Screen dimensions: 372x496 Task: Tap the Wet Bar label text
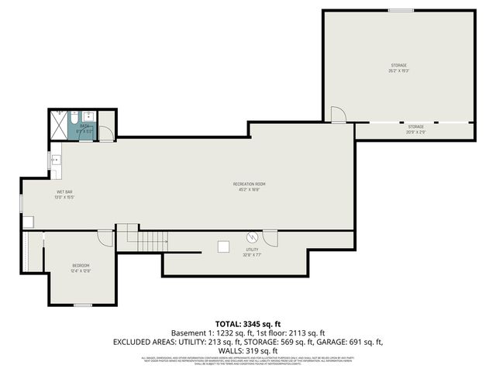click(x=64, y=195)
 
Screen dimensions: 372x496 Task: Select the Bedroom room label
click(x=81, y=268)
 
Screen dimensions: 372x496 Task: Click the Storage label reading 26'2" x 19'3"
click(x=398, y=67)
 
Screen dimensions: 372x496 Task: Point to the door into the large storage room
click(x=338, y=115)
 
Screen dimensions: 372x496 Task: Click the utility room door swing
click(x=270, y=237)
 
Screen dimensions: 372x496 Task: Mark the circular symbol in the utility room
click(x=251, y=236)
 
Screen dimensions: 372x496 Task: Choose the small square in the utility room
click(x=223, y=246)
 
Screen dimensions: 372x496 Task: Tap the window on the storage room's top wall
click(x=401, y=10)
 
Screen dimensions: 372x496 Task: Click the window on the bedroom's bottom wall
click(x=83, y=305)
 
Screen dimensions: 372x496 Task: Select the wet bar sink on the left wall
click(x=56, y=160)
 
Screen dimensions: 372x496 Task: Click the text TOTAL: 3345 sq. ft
click(x=247, y=322)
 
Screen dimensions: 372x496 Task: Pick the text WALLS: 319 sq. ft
click(x=247, y=350)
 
